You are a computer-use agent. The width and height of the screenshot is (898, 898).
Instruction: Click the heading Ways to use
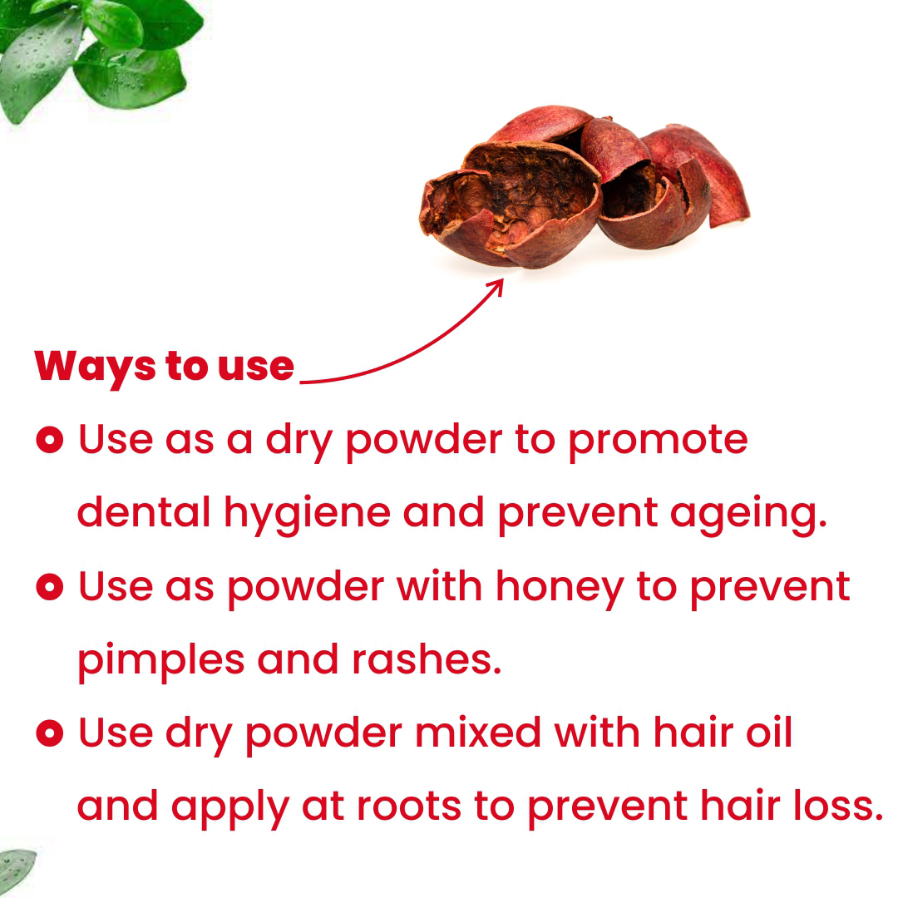pyautogui.click(x=165, y=366)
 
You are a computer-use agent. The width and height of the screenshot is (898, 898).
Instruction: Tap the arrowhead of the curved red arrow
pyautogui.click(x=497, y=284)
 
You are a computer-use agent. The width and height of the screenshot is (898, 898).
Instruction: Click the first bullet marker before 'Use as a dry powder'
pyautogui.click(x=50, y=439)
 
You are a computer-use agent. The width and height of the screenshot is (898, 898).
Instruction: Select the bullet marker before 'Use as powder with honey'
pyautogui.click(x=50, y=587)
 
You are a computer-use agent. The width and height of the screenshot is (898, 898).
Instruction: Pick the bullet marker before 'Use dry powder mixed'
pyautogui.click(x=50, y=733)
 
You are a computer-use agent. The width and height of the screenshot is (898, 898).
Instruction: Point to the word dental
pyautogui.click(x=144, y=512)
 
